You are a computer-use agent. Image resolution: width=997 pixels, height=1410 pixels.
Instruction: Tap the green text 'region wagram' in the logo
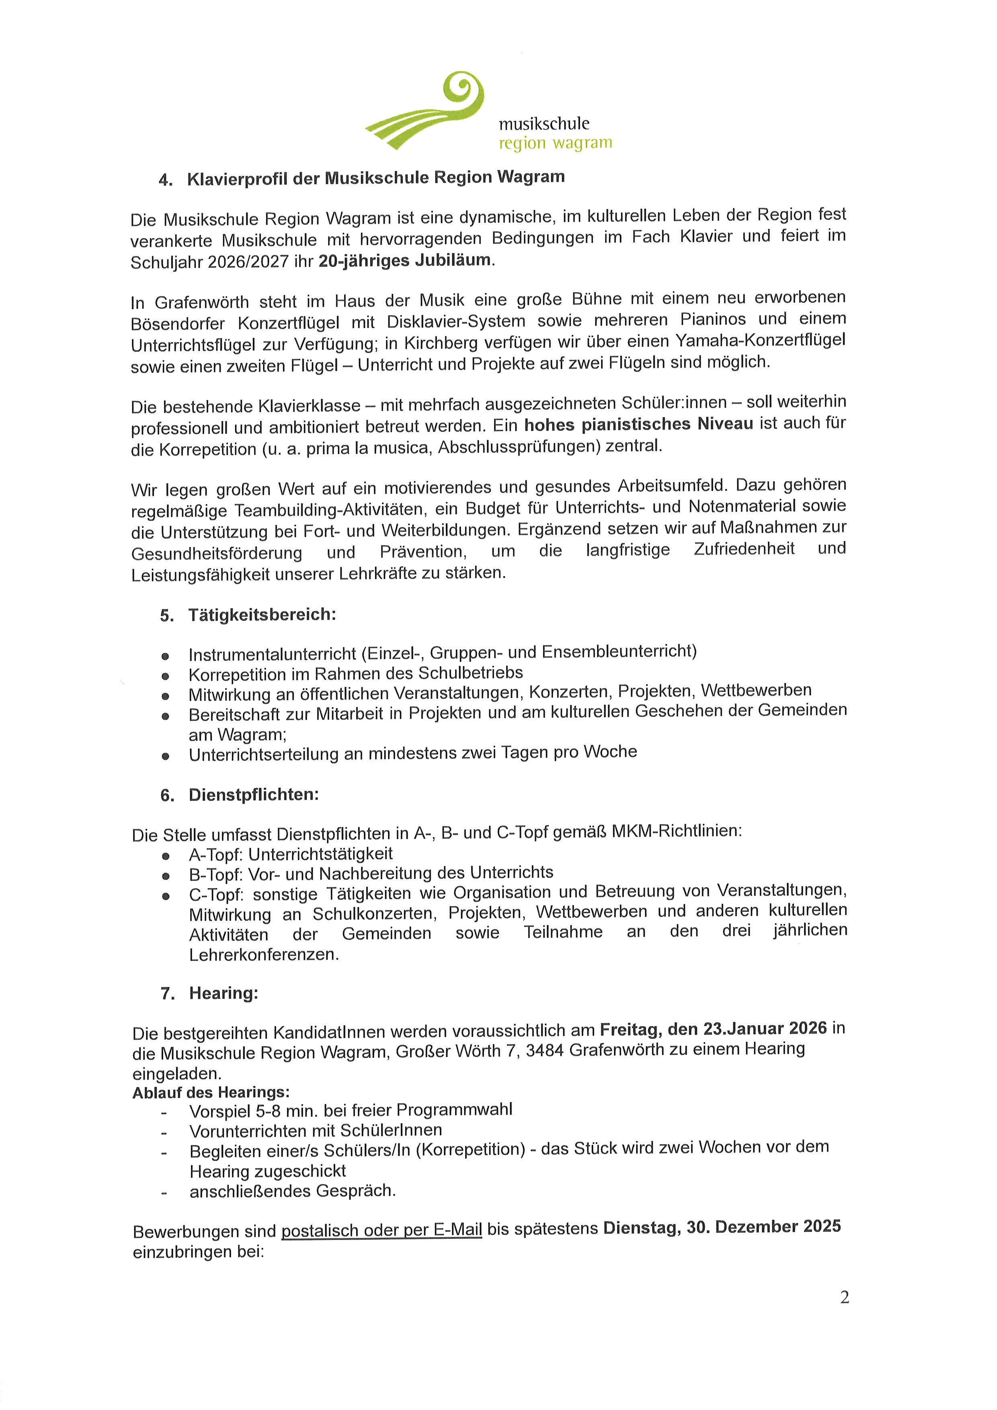555,143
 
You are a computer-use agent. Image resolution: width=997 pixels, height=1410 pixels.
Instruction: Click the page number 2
844,1297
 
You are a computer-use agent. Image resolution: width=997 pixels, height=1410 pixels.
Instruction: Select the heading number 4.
165,180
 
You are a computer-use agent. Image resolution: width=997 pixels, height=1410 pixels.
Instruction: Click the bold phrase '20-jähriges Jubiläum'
404,261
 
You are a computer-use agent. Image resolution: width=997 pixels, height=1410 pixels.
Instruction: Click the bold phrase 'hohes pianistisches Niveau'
638,424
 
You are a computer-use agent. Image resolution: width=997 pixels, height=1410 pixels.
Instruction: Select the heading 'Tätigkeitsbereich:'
262,615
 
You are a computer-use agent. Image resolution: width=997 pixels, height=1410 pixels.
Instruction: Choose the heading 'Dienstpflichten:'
254,795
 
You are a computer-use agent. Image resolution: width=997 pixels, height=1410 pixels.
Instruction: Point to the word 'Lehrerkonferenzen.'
264,954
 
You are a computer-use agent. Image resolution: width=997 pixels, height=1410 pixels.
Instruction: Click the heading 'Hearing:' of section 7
224,993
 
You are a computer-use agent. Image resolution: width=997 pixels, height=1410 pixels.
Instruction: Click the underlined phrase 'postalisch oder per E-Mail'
381,1230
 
